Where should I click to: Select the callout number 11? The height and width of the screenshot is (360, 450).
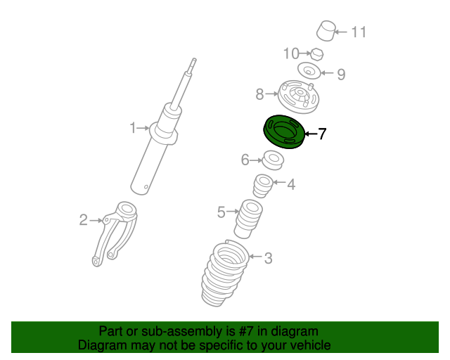359,32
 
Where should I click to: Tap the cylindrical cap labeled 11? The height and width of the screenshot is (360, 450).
326,30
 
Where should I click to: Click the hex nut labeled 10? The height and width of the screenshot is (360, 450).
317,54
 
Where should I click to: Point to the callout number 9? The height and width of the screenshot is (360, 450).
341,74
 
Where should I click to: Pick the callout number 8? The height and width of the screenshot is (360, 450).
259,94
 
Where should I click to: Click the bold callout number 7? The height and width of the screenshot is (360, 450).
322,134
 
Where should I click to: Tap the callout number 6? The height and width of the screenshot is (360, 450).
245,160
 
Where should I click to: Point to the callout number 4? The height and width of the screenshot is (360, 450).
291,184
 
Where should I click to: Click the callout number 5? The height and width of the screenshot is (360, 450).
221,212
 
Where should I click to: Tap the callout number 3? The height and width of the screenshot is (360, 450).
268,258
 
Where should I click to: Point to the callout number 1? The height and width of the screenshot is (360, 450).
133,128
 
